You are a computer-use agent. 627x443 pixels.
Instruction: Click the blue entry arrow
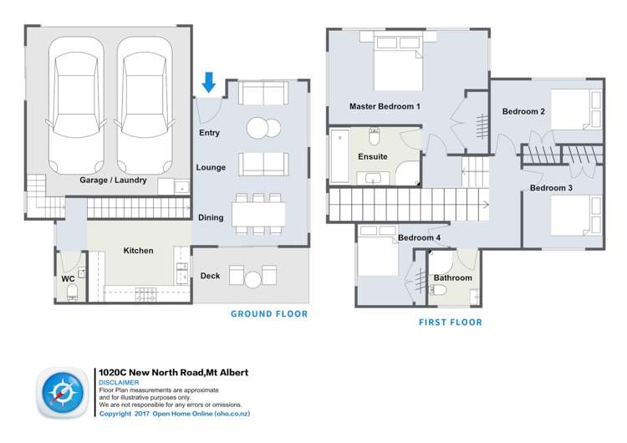(x=210, y=81)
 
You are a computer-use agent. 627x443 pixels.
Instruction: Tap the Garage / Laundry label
(x=113, y=180)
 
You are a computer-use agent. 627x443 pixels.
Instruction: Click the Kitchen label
(x=138, y=250)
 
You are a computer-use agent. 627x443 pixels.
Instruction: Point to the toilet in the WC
(x=72, y=289)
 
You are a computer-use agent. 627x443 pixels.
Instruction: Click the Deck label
(x=210, y=276)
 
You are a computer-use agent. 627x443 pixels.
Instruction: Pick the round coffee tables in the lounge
(x=264, y=128)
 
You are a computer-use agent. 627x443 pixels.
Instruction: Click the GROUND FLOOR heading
(x=269, y=314)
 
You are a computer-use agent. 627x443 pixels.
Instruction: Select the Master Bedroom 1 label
(x=385, y=106)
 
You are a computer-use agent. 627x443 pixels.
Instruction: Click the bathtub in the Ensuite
(x=339, y=156)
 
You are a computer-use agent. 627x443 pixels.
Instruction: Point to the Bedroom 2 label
(x=523, y=111)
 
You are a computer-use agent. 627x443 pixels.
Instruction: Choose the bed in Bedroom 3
(x=576, y=219)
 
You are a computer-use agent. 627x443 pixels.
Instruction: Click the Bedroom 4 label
(x=419, y=237)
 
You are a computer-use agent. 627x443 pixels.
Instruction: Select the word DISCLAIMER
(x=120, y=382)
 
